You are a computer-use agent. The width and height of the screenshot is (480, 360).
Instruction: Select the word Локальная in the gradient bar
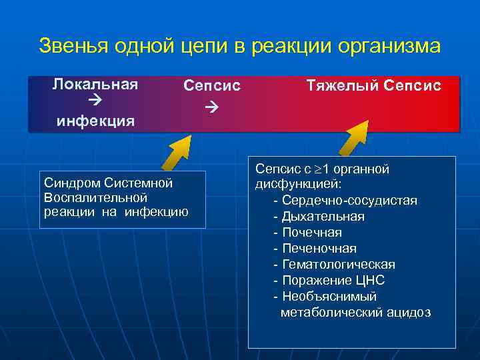click(95, 84)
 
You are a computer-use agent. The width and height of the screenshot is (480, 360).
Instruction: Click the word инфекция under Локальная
click(95, 121)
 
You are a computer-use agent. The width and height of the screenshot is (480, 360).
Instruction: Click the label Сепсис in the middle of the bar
click(212, 86)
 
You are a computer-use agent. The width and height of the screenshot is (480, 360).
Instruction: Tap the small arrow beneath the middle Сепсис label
click(211, 106)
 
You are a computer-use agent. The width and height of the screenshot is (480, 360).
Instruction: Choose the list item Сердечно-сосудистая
click(349, 201)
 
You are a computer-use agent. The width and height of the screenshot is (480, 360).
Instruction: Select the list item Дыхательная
click(323, 217)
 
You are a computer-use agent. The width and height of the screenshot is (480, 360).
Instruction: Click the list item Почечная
click(311, 233)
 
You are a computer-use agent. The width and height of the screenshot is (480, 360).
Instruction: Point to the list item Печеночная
click(319, 249)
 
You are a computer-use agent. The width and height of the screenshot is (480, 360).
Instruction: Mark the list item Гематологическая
click(338, 265)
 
